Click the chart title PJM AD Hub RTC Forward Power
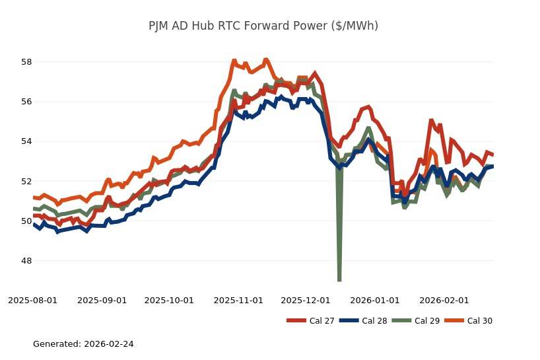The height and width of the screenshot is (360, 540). (x=263, y=26)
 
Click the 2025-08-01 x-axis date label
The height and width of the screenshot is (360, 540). (x=33, y=300)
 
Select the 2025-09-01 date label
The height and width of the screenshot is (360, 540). (x=102, y=300)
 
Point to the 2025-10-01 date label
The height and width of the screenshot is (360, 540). (x=169, y=300)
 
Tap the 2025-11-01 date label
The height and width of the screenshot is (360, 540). (x=238, y=300)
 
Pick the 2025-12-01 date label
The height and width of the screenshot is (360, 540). (x=306, y=300)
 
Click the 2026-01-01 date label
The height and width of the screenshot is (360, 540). (x=375, y=300)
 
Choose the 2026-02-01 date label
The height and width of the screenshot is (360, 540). (x=444, y=300)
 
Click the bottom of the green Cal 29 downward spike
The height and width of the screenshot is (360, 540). (x=339, y=279)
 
